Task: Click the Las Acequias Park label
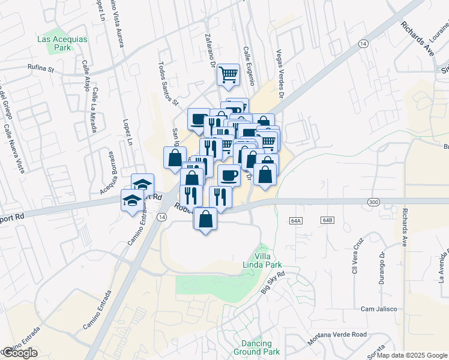[x=62, y=43]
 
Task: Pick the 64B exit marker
[x=327, y=221]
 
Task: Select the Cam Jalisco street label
[x=379, y=309]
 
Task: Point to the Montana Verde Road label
[x=337, y=338]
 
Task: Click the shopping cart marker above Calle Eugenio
[x=228, y=75]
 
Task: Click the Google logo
[x=19, y=353]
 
